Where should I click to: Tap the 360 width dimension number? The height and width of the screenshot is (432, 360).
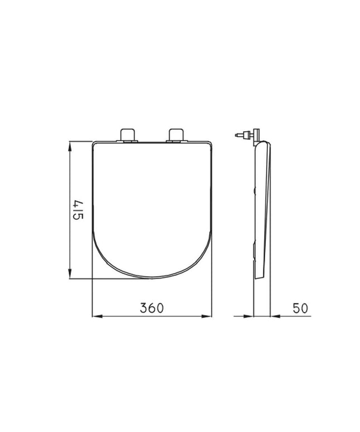point(152,308)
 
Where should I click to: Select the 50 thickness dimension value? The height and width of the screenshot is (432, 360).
point(299,308)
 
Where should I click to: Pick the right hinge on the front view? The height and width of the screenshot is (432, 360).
point(175,135)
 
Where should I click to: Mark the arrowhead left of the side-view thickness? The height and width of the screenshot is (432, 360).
point(251,316)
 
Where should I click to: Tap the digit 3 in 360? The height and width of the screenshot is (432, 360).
point(143,308)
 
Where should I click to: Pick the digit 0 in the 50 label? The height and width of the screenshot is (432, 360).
point(304,308)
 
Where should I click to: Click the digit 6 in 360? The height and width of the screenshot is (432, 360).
point(152,308)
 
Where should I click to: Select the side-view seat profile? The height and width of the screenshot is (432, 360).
point(262,212)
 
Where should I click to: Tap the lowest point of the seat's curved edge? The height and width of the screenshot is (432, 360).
point(152,279)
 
